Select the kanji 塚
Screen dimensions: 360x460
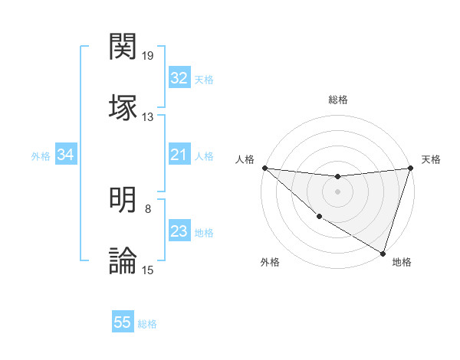pyautogui.click(x=123, y=106)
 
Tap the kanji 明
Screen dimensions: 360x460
pyautogui.click(x=123, y=201)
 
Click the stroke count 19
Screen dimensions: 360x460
pyautogui.click(x=148, y=55)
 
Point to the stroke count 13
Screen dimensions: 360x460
pyautogui.click(x=148, y=116)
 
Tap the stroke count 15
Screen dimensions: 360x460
pyautogui.click(x=148, y=270)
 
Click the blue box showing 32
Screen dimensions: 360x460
pyautogui.click(x=179, y=78)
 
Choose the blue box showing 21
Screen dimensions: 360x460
pyautogui.click(x=179, y=155)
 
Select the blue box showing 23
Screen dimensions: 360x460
pyautogui.click(x=179, y=231)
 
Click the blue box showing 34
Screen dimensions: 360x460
pyautogui.click(x=66, y=155)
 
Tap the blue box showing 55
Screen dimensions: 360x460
pyautogui.click(x=123, y=322)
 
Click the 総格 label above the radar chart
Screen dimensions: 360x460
pyautogui.click(x=338, y=100)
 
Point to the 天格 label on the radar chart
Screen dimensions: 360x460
pyautogui.click(x=431, y=159)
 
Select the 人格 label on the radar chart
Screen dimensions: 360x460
pyautogui.click(x=245, y=159)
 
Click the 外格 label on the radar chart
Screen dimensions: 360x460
pyautogui.click(x=270, y=262)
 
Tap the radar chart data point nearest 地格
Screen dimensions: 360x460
pyautogui.click(x=383, y=253)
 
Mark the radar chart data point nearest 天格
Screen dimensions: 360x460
pyautogui.click(x=410, y=169)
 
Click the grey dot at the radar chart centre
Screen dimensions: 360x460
pyautogui.click(x=337, y=191)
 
